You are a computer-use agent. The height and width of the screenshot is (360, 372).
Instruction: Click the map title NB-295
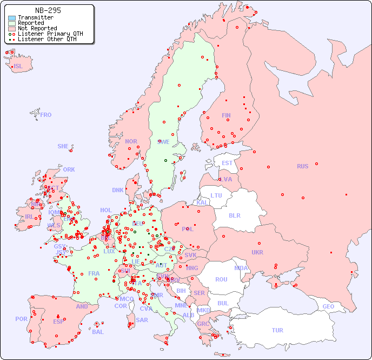(48, 10)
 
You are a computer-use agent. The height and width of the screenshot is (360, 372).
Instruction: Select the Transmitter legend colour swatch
(12, 18)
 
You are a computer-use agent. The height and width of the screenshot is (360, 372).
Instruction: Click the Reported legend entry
(31, 23)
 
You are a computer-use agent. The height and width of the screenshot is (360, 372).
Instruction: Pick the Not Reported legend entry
(37, 29)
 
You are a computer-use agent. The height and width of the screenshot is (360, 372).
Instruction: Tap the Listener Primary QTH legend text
(50, 34)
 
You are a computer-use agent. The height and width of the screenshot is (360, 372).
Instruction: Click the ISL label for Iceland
(18, 67)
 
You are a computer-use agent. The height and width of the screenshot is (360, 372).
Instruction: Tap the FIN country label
(226, 115)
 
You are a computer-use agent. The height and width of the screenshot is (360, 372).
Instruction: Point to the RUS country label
(302, 166)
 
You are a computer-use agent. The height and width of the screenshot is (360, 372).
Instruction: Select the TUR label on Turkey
(277, 330)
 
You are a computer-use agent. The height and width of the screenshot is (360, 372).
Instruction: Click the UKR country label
(257, 252)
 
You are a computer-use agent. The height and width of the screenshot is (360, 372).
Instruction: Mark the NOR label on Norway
(131, 141)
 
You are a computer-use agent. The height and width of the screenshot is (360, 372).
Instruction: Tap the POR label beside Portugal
(21, 319)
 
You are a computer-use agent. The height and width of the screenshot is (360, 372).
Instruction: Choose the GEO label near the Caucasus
(328, 306)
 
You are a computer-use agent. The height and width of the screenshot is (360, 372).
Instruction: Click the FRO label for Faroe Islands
(46, 115)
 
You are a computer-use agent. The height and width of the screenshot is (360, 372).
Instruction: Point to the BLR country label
(235, 215)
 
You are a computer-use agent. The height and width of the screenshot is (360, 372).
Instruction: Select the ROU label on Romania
(221, 279)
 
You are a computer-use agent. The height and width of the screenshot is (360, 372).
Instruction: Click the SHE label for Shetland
(63, 146)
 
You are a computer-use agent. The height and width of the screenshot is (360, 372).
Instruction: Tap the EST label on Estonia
(227, 163)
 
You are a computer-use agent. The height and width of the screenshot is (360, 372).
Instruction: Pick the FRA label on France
(94, 273)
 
